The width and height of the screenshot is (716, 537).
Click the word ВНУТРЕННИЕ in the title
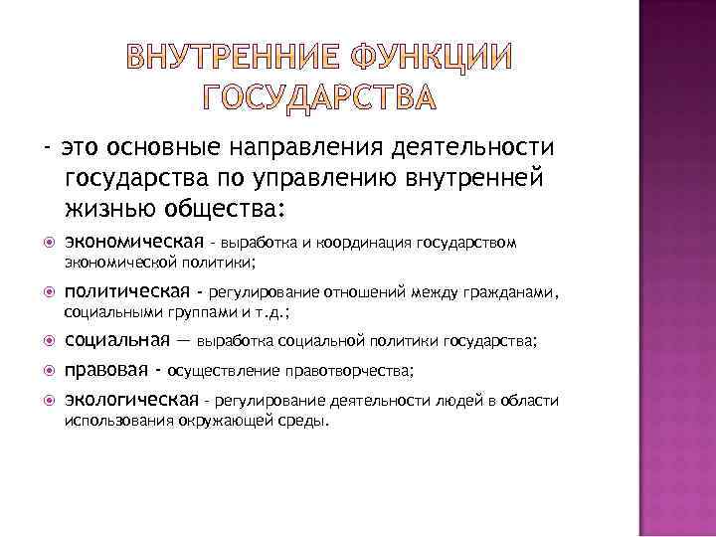(236, 59)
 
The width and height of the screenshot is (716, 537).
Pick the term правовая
(106, 370)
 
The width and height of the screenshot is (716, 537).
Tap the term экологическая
(129, 400)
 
